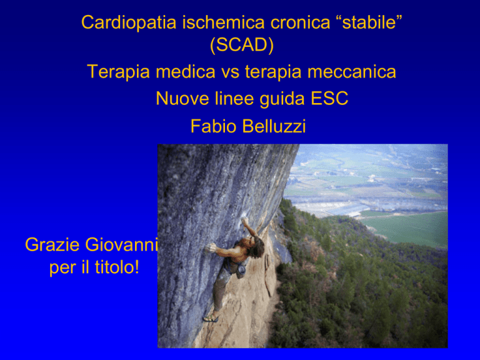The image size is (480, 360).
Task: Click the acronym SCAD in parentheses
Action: [242, 45]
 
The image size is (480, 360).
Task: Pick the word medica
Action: [186, 72]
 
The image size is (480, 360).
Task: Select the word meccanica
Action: [352, 72]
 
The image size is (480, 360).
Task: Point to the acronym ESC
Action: [329, 99]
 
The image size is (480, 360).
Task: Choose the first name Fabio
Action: [214, 126]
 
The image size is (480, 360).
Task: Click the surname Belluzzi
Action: [274, 126]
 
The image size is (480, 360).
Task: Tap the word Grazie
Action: [52, 244]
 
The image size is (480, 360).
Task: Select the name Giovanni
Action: [121, 244]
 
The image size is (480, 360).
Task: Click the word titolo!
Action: [117, 267]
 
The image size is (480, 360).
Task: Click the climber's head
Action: [256, 247]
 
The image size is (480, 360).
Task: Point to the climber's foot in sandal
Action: [211, 318]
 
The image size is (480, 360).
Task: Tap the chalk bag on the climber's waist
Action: [241, 271]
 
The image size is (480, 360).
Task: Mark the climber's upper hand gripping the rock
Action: [244, 221]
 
